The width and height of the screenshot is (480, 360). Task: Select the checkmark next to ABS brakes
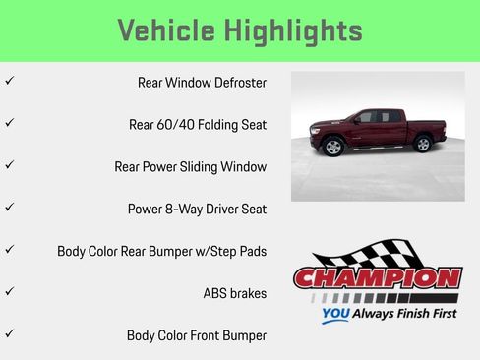click(x=9, y=292)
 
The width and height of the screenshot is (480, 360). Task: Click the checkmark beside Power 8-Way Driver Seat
click(x=9, y=208)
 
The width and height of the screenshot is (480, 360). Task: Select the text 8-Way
click(x=184, y=210)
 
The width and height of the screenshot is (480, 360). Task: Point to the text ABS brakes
click(x=234, y=293)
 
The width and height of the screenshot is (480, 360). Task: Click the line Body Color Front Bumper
click(x=197, y=335)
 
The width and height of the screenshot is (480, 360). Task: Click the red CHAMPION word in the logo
click(x=378, y=278)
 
